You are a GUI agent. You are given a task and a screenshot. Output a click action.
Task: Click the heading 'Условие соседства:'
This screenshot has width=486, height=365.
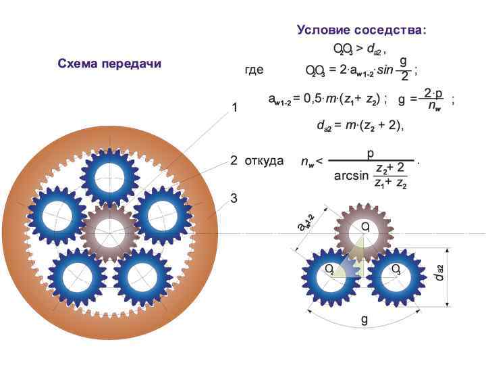point(362,30)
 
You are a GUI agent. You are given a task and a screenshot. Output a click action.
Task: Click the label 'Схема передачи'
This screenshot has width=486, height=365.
point(109,64)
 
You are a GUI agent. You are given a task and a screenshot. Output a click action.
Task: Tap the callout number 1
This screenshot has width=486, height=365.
point(234,108)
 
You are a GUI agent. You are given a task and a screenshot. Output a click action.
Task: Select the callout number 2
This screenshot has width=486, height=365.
point(234,161)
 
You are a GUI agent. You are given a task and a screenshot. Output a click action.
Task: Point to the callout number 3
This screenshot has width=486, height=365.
point(234,199)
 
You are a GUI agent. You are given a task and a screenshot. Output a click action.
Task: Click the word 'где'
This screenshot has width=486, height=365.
point(254,70)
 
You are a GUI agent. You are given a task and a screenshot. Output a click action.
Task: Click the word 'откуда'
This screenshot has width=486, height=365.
point(264,161)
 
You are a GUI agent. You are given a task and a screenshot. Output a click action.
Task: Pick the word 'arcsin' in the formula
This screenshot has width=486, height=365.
point(352,176)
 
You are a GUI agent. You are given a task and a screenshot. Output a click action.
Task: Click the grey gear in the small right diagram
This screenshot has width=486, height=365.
point(363,229)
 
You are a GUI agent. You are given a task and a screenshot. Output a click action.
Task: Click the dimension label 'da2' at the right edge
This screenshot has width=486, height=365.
point(439,272)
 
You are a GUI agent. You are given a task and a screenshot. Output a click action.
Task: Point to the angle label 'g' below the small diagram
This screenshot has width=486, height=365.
point(364,318)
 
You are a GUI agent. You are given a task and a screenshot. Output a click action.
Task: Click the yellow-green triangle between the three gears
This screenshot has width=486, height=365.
point(355,266)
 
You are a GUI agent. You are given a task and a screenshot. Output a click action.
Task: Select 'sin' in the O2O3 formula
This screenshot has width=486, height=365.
point(385,70)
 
